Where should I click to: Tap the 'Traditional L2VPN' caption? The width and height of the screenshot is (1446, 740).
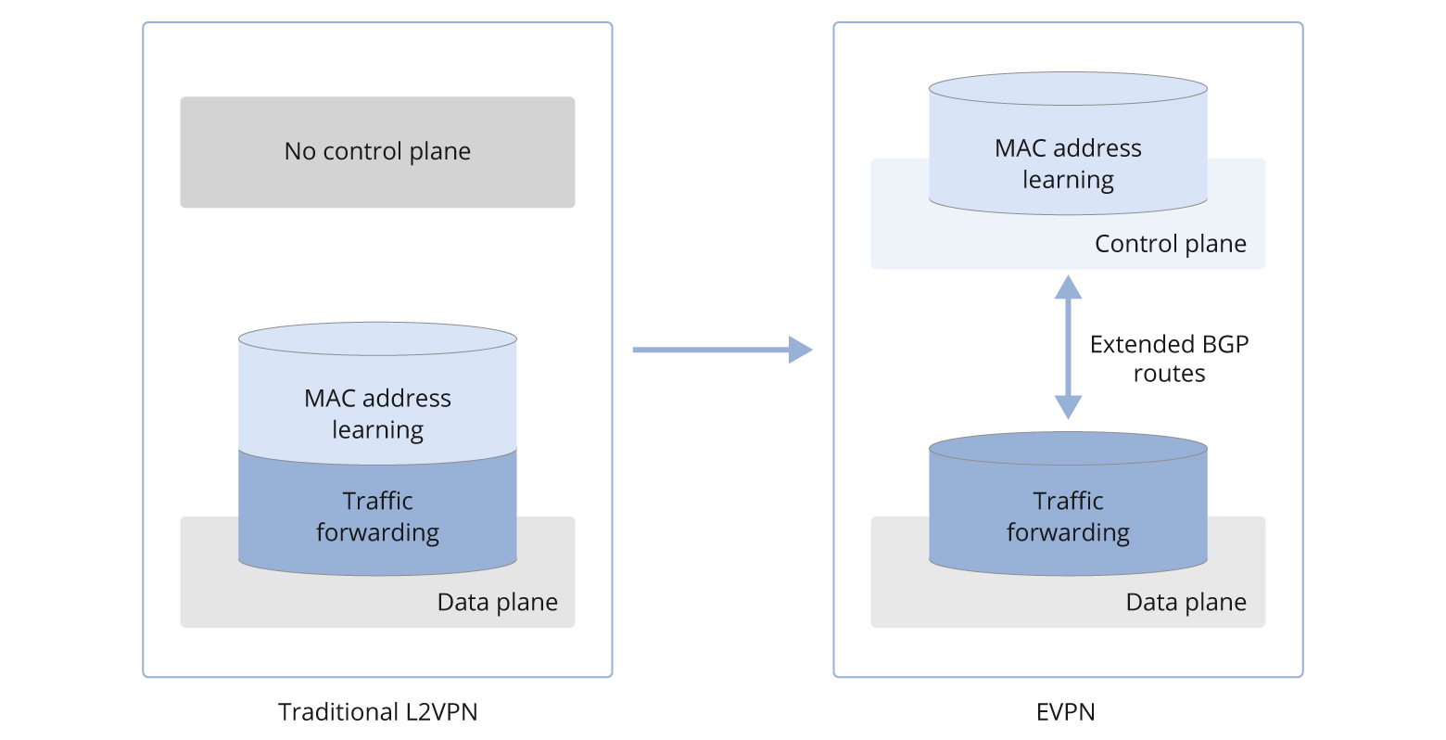coord(377,712)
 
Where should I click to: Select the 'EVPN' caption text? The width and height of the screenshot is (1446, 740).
coord(1066,712)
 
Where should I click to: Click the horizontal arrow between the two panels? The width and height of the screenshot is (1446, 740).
coord(709,350)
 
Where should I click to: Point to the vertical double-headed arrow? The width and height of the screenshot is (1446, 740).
coord(1068,348)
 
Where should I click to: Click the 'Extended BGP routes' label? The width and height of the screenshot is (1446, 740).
coord(1169,359)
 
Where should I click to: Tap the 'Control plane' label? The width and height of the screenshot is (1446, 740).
coord(1170,244)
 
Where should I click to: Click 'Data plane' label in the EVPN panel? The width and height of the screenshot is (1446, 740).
coord(1186,603)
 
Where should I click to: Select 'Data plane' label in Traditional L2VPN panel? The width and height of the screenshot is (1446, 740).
coord(497,603)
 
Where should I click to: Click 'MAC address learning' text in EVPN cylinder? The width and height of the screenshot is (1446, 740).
coord(1068,164)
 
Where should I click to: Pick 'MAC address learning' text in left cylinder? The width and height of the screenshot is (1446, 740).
coord(377,414)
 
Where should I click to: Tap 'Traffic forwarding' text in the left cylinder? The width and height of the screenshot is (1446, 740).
coord(377,517)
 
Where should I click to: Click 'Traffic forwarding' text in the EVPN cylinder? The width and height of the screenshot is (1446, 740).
coord(1068,517)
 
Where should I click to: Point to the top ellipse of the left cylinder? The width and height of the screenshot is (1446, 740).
coord(377,339)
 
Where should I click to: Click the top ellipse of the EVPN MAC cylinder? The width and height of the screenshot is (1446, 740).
coord(1068,90)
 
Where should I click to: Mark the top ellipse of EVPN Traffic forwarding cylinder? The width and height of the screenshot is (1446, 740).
coord(1068,449)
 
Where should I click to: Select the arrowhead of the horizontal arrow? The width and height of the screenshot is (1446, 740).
coord(800,350)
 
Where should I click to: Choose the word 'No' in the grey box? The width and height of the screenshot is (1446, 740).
coord(299,151)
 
